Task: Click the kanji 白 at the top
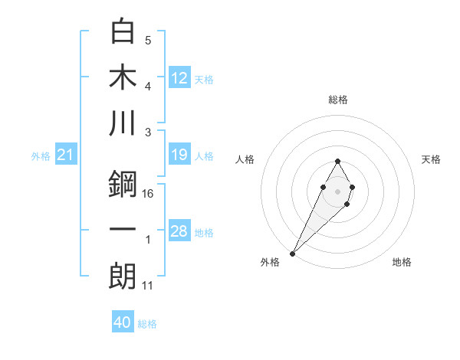pos(123,31)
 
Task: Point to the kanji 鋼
pos(123,184)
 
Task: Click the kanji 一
pos(123,230)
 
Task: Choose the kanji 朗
pos(123,276)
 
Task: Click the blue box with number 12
pos(179,77)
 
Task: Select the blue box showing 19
pos(179,155)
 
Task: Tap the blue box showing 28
pos(179,231)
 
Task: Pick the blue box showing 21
pos(65,155)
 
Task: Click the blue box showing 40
pos(123,322)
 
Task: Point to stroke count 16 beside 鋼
pos(148,194)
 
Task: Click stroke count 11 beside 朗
pos(148,286)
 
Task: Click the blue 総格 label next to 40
pos(148,324)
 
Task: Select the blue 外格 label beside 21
pos(41,156)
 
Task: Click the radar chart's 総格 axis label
pos(338,100)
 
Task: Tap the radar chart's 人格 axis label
pos(246,159)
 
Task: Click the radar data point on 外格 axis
pos(292,253)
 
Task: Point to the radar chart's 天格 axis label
pos(432,159)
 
